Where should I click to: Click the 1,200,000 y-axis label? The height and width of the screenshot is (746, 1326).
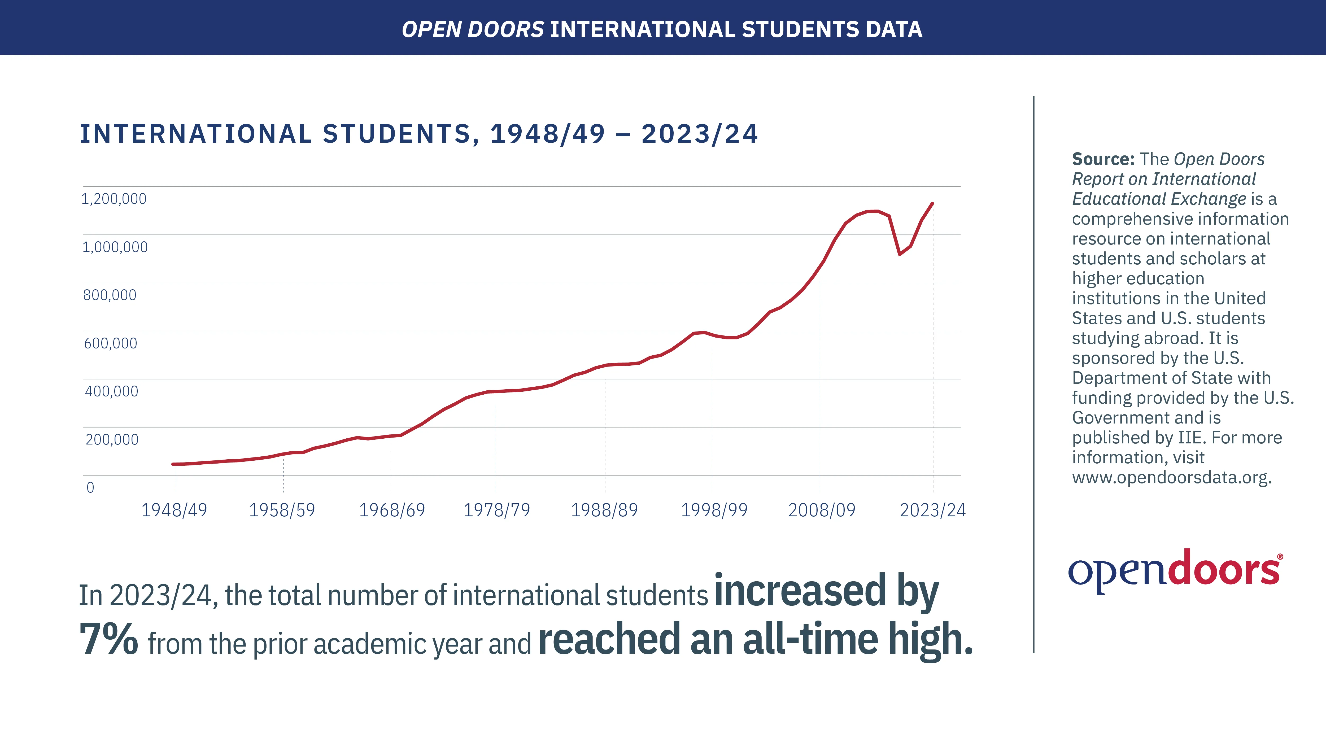(114, 199)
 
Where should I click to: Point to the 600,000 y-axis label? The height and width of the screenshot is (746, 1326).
(111, 343)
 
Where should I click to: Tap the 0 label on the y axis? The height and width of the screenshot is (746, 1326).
(90, 487)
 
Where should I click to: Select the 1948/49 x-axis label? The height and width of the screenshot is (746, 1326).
(174, 510)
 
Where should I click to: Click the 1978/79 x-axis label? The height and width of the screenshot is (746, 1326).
(497, 510)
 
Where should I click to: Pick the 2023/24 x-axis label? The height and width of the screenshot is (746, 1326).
(932, 510)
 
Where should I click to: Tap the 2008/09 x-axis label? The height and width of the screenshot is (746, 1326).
(822, 510)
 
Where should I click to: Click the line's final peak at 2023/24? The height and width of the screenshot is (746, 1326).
(932, 203)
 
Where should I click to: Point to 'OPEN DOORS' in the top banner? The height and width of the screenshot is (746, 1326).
(473, 29)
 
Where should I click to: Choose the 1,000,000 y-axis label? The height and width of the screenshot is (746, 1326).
(115, 247)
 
